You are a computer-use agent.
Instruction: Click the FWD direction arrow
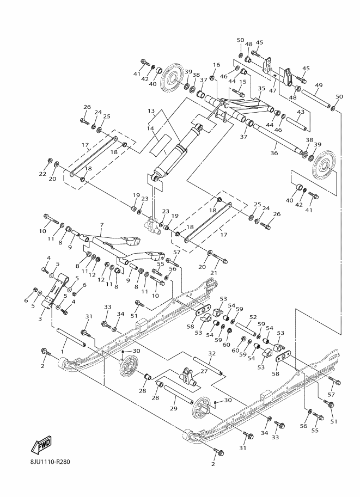41,445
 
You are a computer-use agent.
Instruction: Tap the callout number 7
102,225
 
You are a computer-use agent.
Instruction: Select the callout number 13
151,111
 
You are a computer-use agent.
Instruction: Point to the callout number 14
150,128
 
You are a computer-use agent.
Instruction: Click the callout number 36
274,153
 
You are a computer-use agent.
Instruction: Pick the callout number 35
261,88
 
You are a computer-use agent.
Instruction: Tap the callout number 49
319,85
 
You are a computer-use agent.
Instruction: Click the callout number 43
301,112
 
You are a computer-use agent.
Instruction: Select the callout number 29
173,409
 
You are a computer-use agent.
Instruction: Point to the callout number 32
212,353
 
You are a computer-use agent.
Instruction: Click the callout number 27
204,371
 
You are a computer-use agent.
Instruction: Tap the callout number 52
253,317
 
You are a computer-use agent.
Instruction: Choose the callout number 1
62,352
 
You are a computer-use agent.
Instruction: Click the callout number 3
40,318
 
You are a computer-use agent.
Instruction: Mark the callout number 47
273,90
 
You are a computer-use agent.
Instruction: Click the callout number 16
216,65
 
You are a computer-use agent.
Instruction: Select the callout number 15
242,82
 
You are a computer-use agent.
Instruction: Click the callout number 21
214,273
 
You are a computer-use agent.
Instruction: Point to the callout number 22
42,174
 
